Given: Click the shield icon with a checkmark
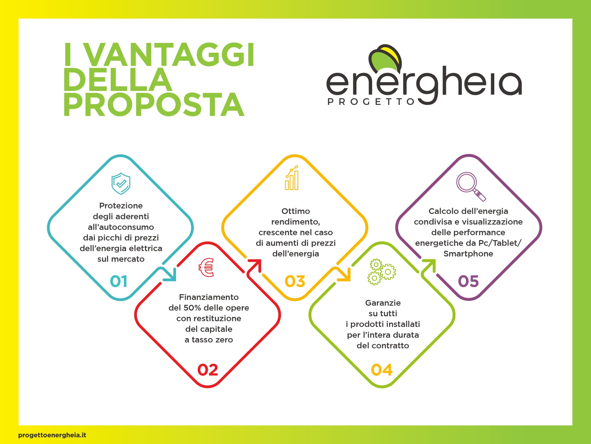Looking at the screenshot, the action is [121, 184].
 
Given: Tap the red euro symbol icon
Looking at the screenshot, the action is [206, 267].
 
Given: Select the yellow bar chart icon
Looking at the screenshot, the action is [292, 178].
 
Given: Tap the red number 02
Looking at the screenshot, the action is [208, 370].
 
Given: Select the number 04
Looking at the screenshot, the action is [382, 370].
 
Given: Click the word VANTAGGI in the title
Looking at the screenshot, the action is [170, 55].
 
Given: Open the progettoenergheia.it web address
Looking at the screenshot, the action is [52, 435].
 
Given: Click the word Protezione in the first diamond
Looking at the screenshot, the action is [121, 206].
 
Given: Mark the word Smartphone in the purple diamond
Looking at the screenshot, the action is [468, 254].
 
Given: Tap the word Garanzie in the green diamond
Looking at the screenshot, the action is [383, 303].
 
